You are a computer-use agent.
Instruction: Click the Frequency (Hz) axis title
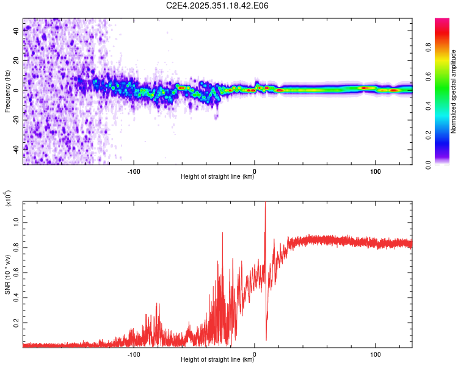[7, 91]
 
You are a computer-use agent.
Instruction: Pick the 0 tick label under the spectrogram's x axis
[255, 170]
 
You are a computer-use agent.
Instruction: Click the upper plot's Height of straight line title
[217, 177]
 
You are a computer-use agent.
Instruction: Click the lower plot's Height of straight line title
[217, 360]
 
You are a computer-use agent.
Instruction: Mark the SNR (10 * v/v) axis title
[7, 274]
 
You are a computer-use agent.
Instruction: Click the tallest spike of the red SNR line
[265, 203]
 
